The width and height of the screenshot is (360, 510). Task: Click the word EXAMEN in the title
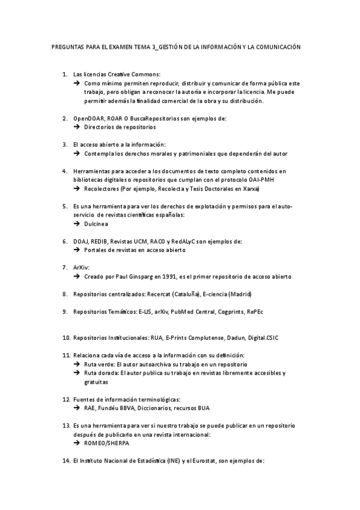click(x=118, y=47)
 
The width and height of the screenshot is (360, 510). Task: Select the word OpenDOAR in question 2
click(x=89, y=118)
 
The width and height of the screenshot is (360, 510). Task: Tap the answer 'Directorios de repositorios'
click(x=120, y=127)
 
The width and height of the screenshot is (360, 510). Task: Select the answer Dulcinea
click(x=96, y=224)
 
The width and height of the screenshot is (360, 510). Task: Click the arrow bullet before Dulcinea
click(x=77, y=224)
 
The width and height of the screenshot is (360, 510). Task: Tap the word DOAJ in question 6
click(x=81, y=242)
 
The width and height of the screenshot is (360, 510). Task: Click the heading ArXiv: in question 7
click(x=81, y=268)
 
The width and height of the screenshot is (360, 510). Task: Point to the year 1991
click(x=173, y=277)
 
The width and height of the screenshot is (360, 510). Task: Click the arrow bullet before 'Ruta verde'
click(x=77, y=364)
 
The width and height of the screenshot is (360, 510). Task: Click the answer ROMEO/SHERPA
click(x=106, y=443)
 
